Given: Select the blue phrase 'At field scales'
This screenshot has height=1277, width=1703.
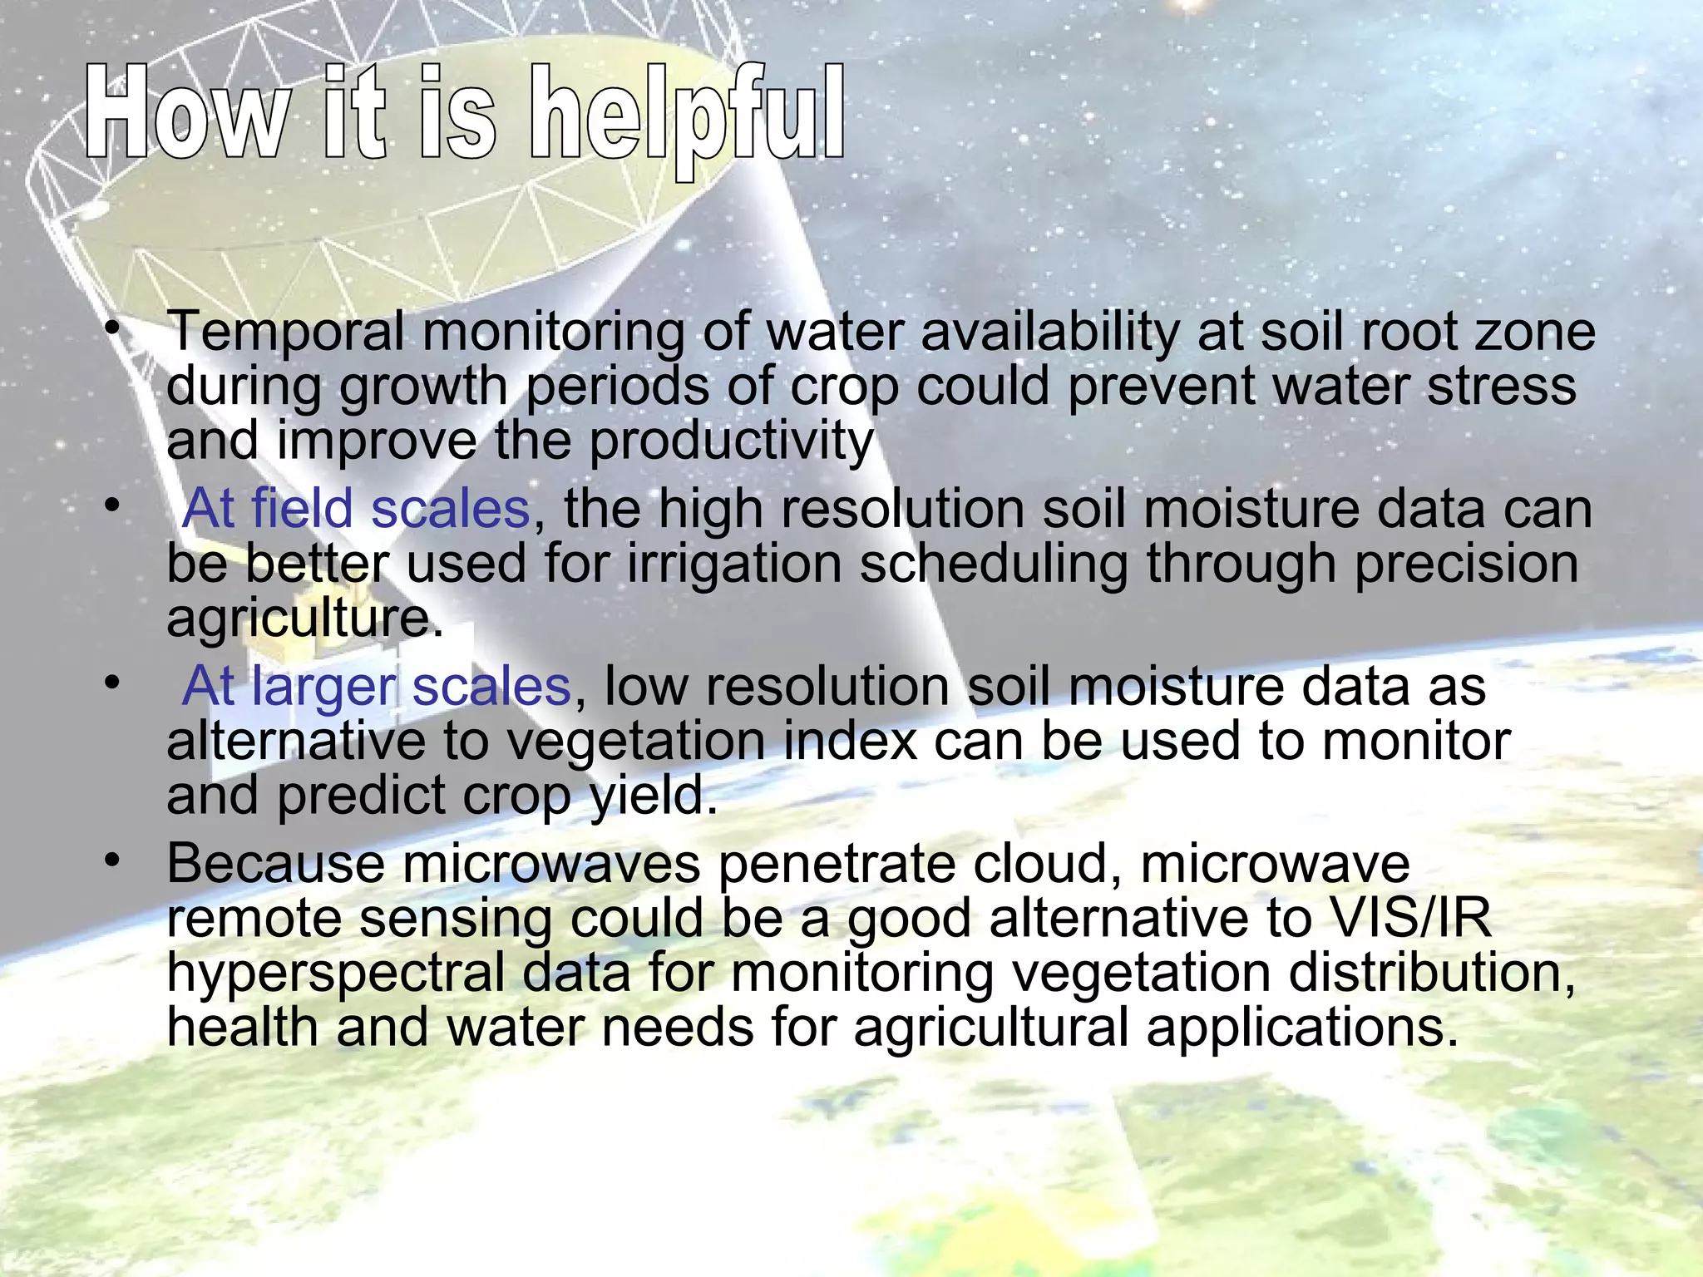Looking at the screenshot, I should point(356,509).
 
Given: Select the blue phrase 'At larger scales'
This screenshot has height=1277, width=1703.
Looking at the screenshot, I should point(376,687).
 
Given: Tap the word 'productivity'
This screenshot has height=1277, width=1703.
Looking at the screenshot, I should point(732,441).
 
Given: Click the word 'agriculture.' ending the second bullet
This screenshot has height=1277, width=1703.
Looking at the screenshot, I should point(304,618).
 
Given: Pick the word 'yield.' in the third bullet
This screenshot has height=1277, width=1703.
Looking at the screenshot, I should point(654,796).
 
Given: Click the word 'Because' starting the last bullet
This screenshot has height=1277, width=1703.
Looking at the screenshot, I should point(275,864).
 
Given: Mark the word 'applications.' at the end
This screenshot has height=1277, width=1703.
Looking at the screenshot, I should point(1302,1028).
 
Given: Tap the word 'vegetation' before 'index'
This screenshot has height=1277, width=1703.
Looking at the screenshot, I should point(636,742).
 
